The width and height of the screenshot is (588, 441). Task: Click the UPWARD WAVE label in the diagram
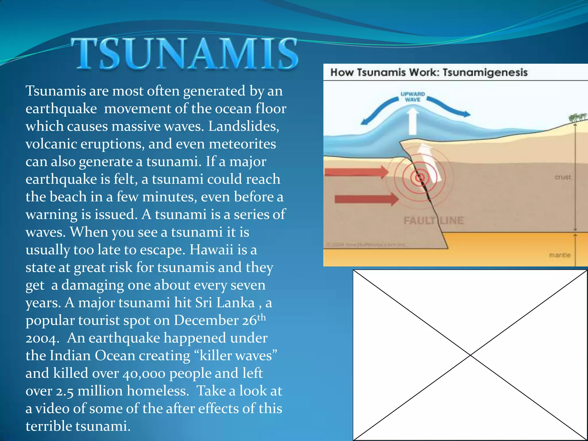[413, 97]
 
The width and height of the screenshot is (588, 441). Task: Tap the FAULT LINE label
[434, 220]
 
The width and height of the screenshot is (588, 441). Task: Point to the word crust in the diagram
[563, 177]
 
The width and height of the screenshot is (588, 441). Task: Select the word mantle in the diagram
[560, 255]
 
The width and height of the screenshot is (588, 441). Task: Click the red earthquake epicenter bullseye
[420, 178]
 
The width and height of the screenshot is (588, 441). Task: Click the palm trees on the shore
[577, 117]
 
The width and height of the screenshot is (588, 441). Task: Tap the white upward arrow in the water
[413, 121]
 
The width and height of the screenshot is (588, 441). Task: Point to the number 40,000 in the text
[144, 373]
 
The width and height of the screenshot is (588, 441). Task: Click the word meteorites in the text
[242, 144]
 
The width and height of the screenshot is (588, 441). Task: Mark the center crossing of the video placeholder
[470, 355]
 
